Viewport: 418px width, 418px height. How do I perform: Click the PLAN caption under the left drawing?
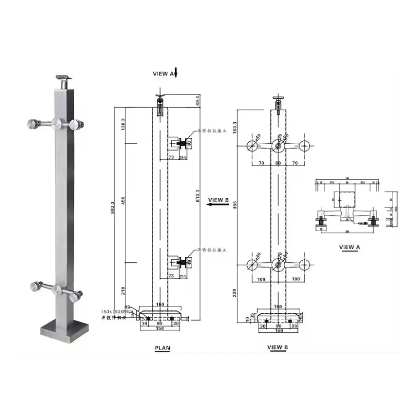[162, 348]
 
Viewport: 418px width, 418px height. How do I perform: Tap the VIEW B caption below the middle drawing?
[277, 347]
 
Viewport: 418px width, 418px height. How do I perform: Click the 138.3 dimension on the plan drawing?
[123, 125]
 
